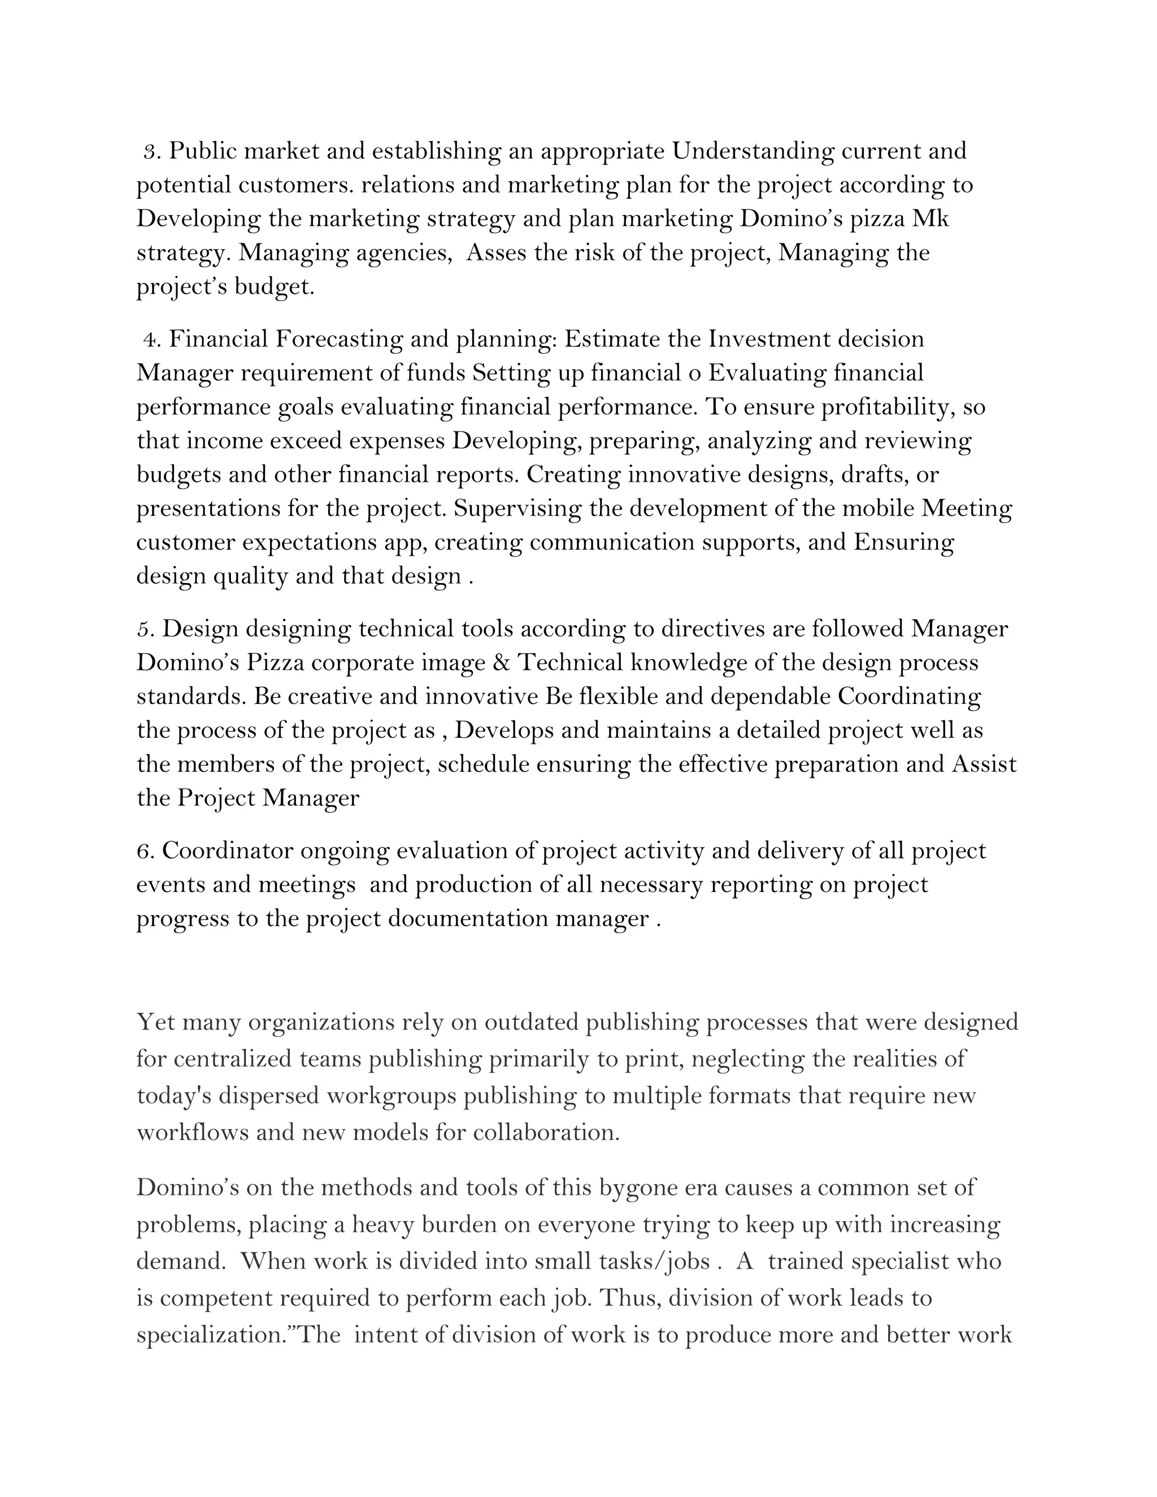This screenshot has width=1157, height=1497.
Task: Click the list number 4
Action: [x=150, y=340]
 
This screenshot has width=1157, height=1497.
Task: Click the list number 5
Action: [x=143, y=629]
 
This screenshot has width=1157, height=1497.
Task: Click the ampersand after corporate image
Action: [x=504, y=663]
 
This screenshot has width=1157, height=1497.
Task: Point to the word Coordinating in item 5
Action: [x=909, y=697]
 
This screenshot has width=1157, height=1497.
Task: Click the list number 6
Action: [x=143, y=851]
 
